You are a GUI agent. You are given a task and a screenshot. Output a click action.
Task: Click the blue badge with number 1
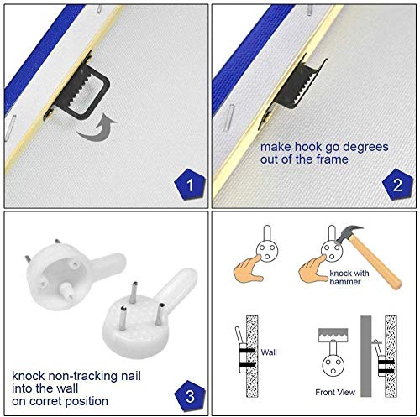pyautogui.click(x=190, y=184)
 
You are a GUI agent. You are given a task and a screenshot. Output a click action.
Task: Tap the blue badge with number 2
pyautogui.click(x=397, y=184)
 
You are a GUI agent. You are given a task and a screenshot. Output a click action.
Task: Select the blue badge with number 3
pyautogui.click(x=190, y=395)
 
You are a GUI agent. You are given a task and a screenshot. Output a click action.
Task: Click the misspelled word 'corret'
pyautogui.click(x=44, y=401)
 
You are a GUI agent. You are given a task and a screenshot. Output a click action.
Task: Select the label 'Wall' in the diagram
pyautogui.click(x=269, y=352)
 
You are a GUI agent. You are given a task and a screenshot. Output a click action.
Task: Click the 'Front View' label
pyautogui.click(x=335, y=392)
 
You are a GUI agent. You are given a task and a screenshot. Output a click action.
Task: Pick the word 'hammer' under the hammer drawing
pyautogui.click(x=345, y=281)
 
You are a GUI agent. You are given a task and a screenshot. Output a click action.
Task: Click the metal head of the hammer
pyautogui.click(x=349, y=234)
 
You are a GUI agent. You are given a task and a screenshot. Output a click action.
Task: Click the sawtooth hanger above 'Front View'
pyautogui.click(x=333, y=335)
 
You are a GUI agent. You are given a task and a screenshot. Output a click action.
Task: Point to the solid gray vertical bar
pyautogui.click(x=365, y=356)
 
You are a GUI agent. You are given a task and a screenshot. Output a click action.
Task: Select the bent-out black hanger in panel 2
pyautogui.click(x=296, y=86)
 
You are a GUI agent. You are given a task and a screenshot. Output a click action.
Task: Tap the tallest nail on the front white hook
pyautogui.click(x=134, y=293)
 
